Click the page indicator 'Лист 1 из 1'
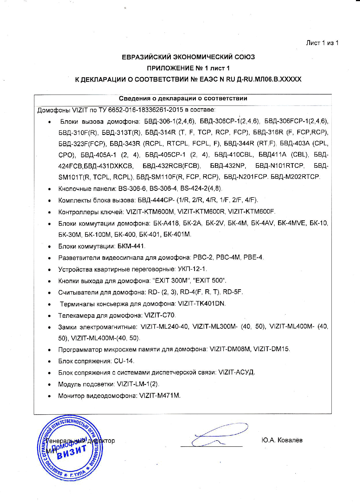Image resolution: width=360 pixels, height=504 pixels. (322, 43)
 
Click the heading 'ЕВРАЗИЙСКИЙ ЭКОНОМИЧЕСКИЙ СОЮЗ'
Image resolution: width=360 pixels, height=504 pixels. (188, 57)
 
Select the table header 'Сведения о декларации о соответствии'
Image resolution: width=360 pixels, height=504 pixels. (183, 99)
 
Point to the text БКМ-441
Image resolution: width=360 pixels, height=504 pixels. (131, 246)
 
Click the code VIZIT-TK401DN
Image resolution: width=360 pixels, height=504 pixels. (202, 304)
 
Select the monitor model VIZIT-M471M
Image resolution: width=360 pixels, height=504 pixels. (160, 396)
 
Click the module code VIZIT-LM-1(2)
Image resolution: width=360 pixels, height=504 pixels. (138, 384)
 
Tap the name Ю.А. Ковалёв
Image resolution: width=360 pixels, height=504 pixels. (282, 440)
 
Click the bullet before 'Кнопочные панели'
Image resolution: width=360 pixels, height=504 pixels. (50, 189)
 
